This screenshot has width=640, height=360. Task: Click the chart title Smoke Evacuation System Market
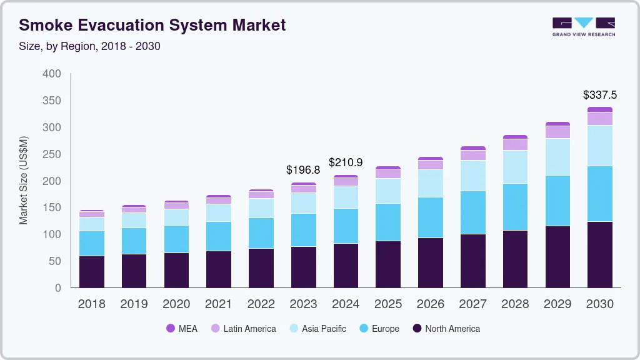click(x=152, y=25)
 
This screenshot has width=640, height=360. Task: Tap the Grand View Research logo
click(x=584, y=26)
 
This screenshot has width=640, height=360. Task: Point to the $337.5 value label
click(x=599, y=95)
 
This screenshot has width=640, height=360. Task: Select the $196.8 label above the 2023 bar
click(x=303, y=170)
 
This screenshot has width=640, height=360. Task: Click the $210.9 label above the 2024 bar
click(x=346, y=162)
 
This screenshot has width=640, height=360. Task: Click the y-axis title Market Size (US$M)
click(x=24, y=180)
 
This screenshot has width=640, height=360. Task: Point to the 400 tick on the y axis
click(x=52, y=74)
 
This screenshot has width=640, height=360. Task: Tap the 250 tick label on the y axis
click(x=52, y=154)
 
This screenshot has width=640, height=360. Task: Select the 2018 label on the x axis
click(x=91, y=304)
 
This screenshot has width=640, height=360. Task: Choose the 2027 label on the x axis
click(x=473, y=304)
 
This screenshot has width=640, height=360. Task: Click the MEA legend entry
click(x=182, y=329)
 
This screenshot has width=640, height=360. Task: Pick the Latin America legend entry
click(x=243, y=329)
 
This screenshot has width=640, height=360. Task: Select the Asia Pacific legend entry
click(x=317, y=329)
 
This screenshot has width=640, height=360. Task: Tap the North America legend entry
click(x=446, y=329)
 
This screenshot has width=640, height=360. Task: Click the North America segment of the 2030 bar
click(x=600, y=254)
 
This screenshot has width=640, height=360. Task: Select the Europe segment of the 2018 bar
click(x=92, y=243)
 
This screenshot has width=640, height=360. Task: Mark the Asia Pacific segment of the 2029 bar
click(x=557, y=157)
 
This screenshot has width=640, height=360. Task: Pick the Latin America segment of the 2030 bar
click(x=600, y=119)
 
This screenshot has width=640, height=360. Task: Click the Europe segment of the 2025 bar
click(x=388, y=222)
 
